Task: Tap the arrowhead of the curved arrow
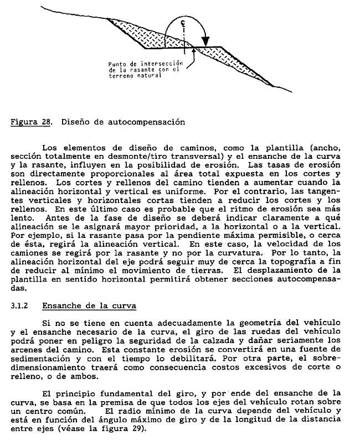pos(206,42)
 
